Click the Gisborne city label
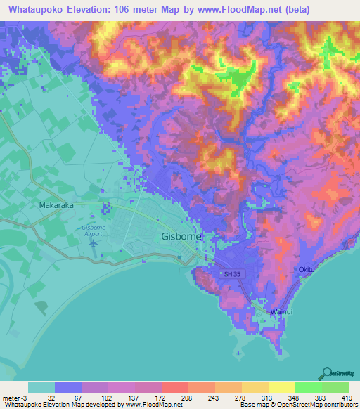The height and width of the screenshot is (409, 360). point(181,237)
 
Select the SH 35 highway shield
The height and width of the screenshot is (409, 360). point(231,274)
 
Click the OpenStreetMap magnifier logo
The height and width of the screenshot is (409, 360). point(326,373)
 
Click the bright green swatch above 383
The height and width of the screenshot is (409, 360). point(308,387)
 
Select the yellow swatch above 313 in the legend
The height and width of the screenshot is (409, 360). point(255,387)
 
